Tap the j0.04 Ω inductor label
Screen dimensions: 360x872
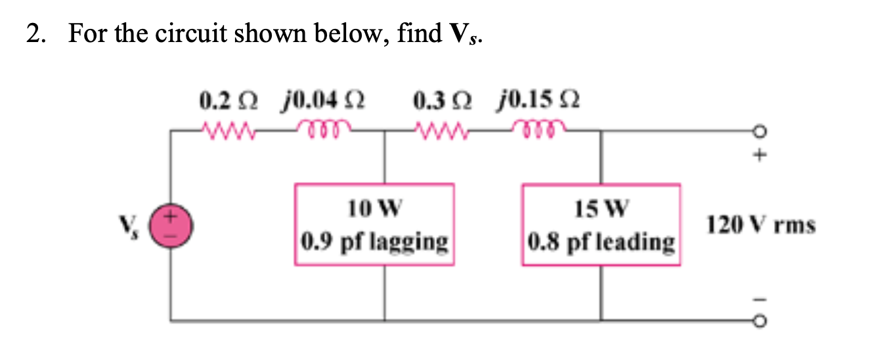coord(322,102)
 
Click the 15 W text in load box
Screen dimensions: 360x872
coord(601,210)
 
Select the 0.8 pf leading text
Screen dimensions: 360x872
coord(601,242)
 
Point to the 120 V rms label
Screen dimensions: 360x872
coord(761,226)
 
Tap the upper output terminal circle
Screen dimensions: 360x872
coord(760,133)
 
